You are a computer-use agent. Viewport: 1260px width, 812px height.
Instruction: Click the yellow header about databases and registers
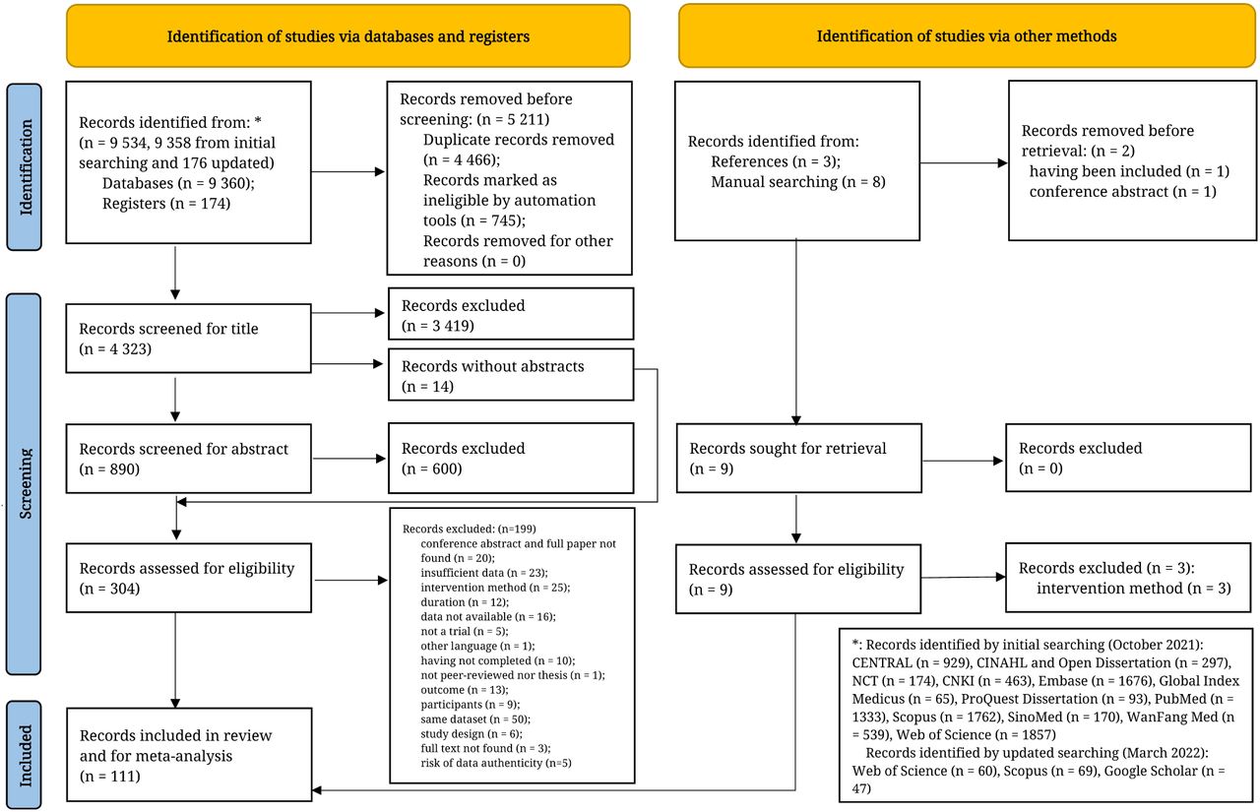348,36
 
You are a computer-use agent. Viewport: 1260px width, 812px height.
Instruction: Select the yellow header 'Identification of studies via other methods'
967,36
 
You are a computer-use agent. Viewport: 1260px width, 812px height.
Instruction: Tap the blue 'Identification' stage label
25,167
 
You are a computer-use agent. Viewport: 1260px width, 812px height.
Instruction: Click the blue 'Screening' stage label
24,483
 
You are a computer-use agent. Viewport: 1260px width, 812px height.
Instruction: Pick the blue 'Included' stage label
25,755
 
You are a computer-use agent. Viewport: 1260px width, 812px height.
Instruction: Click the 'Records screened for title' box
188,339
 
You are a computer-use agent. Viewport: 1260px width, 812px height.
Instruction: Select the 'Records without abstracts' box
511,375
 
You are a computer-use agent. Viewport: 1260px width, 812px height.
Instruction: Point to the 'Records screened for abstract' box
188,459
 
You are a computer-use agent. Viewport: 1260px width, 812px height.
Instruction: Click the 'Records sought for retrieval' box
798,459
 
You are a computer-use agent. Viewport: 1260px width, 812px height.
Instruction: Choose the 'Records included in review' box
189,755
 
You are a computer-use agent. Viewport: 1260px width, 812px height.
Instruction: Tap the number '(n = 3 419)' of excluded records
438,326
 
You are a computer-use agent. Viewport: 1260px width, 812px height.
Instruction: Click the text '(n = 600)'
431,468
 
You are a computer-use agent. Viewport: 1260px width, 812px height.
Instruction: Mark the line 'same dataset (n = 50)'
475,719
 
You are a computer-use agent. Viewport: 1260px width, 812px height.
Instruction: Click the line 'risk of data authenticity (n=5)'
496,763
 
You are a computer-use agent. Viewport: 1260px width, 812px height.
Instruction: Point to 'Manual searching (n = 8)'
798,182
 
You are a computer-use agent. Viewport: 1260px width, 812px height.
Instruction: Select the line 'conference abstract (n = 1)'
1123,192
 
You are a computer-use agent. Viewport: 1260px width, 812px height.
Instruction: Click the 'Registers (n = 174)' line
166,204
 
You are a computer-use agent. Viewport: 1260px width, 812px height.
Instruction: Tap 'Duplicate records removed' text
519,140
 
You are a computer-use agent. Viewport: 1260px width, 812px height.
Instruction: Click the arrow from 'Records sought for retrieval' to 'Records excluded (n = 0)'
964,461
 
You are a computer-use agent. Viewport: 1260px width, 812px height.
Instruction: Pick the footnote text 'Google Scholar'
1151,771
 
